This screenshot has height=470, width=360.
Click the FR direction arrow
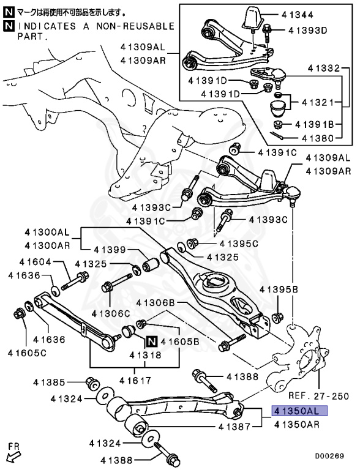(x=14, y=453)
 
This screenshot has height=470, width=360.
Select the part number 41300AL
(x=48, y=232)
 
